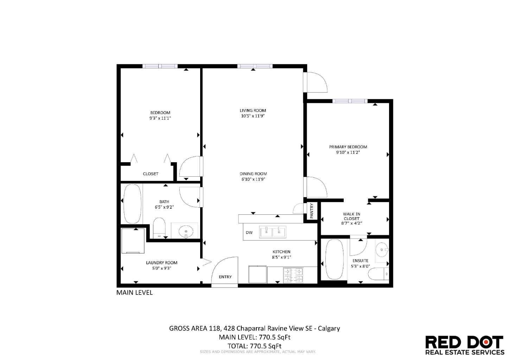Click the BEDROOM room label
pyautogui.click(x=160, y=113)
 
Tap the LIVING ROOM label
pyautogui.click(x=253, y=110)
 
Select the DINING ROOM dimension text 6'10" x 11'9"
pyautogui.click(x=253, y=179)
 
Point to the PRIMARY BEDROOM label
pyautogui.click(x=348, y=147)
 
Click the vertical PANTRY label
pyautogui.click(x=312, y=211)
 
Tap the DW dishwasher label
pyautogui.click(x=249, y=233)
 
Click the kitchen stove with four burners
pyautogui.click(x=293, y=275)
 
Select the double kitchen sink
pyautogui.click(x=273, y=232)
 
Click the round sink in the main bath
pyautogui.click(x=185, y=232)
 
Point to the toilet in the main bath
pyautogui.click(x=159, y=227)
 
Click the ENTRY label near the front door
pyautogui.click(x=225, y=277)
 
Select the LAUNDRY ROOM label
pyautogui.click(x=161, y=263)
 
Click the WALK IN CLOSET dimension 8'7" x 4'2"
pyautogui.click(x=351, y=223)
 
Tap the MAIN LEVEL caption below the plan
pyautogui.click(x=134, y=292)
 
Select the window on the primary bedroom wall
pyautogui.click(x=350, y=101)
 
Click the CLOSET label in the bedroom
pyautogui.click(x=150, y=174)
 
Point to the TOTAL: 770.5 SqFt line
pyautogui.click(x=254, y=346)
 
